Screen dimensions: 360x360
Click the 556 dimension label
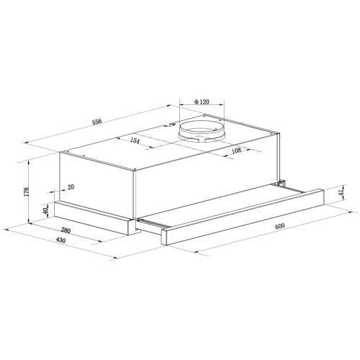97,121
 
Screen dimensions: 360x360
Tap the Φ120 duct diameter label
202,102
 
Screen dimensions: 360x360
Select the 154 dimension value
135,140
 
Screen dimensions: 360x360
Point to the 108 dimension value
236,150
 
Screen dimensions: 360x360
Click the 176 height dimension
27,192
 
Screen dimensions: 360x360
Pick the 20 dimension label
71,186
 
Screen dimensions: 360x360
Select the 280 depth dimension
66,230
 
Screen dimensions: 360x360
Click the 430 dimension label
60,240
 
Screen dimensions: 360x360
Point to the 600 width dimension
280,226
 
